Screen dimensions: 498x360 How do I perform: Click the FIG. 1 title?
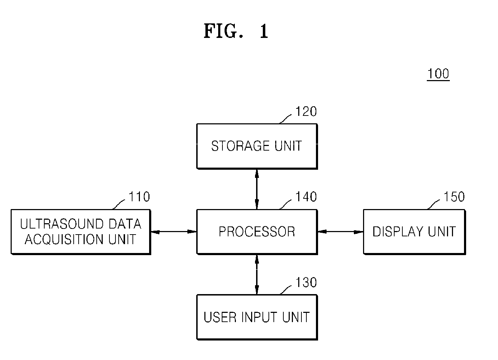[x=236, y=31]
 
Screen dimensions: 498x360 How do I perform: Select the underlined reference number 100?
[x=438, y=74]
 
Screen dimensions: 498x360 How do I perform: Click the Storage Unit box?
[x=257, y=146]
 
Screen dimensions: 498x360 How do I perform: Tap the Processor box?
[x=257, y=232]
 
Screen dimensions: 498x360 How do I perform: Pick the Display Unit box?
[x=414, y=232]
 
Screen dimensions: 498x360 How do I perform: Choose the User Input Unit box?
[x=257, y=317]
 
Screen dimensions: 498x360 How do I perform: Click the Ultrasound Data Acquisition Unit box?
[x=81, y=232]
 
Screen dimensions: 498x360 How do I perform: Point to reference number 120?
[x=306, y=111]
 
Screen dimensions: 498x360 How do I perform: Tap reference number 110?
[x=139, y=197]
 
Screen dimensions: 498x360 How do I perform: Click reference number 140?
[x=306, y=197]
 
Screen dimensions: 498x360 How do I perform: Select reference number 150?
[x=454, y=197]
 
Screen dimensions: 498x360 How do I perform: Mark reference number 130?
[x=306, y=282]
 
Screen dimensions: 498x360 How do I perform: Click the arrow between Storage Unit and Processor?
[x=257, y=189]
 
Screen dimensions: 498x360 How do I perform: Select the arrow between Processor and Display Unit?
[x=341, y=232]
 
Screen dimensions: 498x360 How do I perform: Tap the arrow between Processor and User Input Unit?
[x=257, y=275]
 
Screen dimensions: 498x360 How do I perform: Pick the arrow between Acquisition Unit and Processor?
[x=174, y=232]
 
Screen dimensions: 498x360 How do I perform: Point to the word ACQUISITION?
[x=64, y=240]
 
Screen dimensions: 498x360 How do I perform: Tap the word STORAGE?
[x=240, y=146]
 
